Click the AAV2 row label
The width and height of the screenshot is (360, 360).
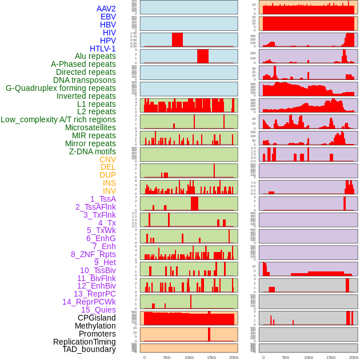[x=106, y=9]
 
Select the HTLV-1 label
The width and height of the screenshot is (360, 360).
[x=103, y=49]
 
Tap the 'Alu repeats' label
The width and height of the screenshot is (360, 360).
[x=95, y=56]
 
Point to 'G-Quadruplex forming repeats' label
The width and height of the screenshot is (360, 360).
[x=61, y=88]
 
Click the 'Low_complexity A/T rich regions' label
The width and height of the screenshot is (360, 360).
[x=58, y=119]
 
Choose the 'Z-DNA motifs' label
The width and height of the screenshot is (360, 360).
[x=93, y=151]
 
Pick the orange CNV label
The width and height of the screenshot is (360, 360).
[x=107, y=159]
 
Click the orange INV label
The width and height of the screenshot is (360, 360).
[x=109, y=191]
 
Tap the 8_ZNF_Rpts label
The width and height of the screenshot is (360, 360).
[x=93, y=254]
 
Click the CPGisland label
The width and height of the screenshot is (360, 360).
[x=97, y=318]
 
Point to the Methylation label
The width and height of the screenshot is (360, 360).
[x=95, y=326]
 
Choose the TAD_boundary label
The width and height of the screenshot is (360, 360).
[x=89, y=349]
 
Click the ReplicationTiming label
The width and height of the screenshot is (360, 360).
[x=85, y=342]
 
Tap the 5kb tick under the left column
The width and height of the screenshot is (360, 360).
[x=167, y=357]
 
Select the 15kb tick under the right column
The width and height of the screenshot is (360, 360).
[x=330, y=357]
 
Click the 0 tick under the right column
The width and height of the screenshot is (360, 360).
[x=263, y=357]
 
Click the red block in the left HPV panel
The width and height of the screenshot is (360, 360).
[x=177, y=39]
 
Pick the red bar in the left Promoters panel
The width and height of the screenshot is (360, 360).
[x=209, y=334]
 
